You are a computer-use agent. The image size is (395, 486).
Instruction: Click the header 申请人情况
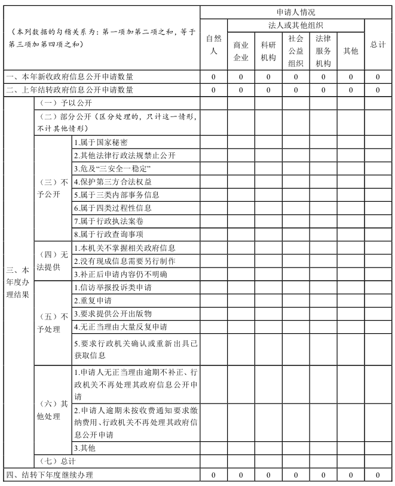[296, 12]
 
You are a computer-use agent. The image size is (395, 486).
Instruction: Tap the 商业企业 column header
[241, 51]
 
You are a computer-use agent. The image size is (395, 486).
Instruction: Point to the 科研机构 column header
[268, 51]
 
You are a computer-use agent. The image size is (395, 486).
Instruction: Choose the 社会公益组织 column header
[296, 51]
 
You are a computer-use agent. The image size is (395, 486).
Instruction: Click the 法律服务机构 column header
[323, 51]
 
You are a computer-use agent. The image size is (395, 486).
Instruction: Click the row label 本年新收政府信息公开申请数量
[70, 77]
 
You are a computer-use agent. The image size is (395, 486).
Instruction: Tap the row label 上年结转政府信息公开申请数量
[70, 90]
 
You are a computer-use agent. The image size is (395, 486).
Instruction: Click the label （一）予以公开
[57, 103]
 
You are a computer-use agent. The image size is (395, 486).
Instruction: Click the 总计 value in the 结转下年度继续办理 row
[378, 475]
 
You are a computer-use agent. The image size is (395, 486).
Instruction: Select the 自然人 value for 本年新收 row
[213, 77]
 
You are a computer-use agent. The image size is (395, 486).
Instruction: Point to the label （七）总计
[57, 462]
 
